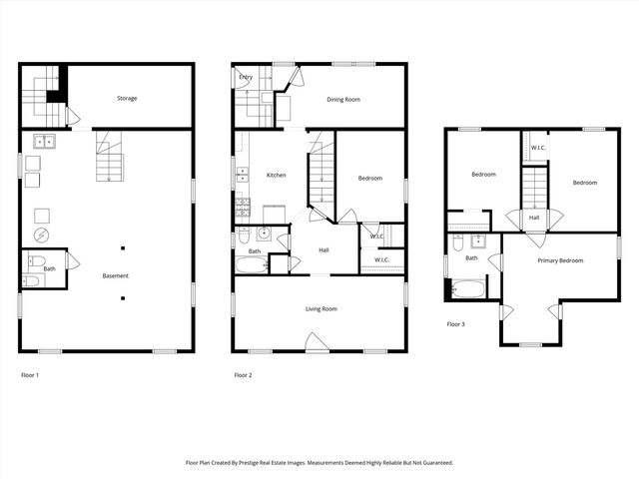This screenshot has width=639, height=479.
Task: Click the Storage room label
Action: [x=127, y=98]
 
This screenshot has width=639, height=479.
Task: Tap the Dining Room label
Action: [x=343, y=99]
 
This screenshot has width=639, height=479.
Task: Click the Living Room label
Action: [x=321, y=309]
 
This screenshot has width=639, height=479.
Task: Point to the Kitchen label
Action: [x=276, y=176]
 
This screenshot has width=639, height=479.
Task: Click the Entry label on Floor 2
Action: [x=246, y=77]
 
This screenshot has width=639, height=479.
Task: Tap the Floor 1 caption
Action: [x=30, y=375]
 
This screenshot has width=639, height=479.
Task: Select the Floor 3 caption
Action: [x=456, y=324]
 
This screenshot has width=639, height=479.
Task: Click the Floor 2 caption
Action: [x=243, y=375]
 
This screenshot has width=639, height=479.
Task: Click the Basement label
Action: [x=116, y=275]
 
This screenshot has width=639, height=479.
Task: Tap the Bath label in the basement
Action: [x=48, y=268]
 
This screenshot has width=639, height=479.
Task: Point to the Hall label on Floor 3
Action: [x=534, y=218]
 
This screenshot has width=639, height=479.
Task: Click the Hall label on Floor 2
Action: [x=324, y=249]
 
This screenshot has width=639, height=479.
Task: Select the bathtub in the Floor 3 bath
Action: [x=467, y=289]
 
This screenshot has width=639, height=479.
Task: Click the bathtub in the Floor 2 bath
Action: [x=252, y=266]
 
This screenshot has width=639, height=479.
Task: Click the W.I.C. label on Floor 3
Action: [x=537, y=148]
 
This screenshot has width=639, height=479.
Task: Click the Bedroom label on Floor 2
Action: [x=370, y=178]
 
